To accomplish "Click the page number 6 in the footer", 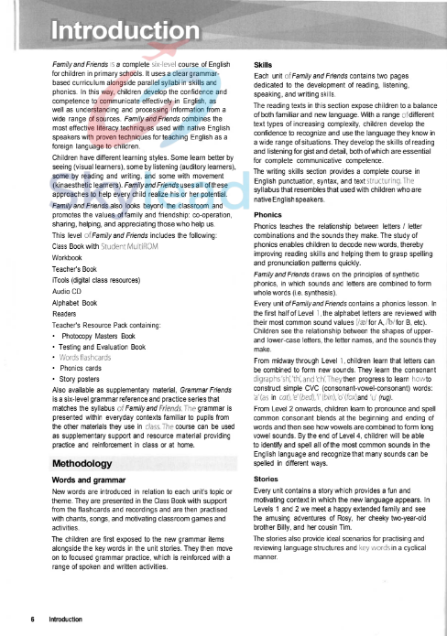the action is coord(33,619).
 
